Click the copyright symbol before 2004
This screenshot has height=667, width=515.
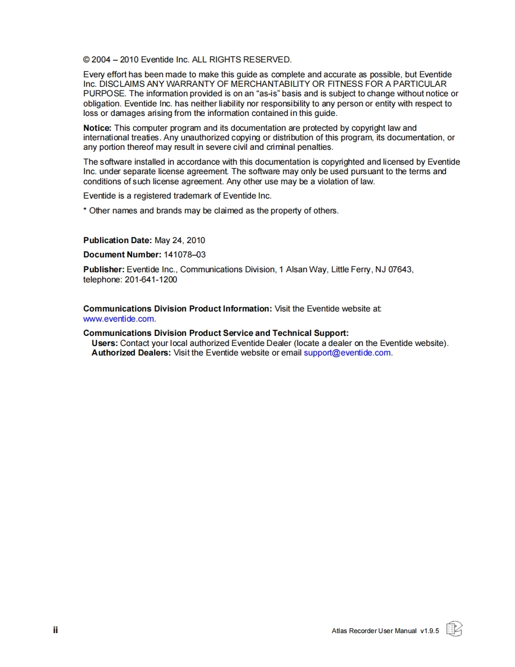tap(87, 60)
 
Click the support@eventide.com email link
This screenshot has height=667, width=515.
tap(347, 353)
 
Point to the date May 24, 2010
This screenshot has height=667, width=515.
tap(180, 241)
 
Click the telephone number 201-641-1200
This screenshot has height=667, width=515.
tap(151, 279)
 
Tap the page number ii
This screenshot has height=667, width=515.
tap(55, 630)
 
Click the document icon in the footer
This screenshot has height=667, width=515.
tap(454, 629)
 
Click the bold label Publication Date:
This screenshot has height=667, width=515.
tap(118, 241)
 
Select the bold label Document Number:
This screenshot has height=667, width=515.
tap(122, 255)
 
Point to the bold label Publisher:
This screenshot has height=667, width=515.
tap(103, 269)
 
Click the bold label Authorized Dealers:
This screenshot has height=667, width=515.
tap(131, 353)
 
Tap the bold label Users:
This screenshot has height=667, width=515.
tap(105, 343)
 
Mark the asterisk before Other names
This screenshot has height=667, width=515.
tap(85, 210)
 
